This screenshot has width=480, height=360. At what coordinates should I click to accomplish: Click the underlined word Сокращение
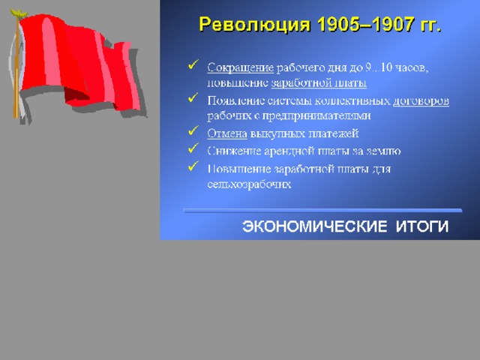click(x=240, y=67)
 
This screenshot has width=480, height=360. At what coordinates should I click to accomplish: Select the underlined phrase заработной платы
click(x=319, y=83)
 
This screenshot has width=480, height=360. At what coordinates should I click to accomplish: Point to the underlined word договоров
click(x=421, y=100)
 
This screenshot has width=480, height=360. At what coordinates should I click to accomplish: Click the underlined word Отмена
click(x=227, y=133)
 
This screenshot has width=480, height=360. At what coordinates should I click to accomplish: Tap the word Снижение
click(x=234, y=151)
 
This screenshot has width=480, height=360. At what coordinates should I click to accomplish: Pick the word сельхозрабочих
click(x=249, y=184)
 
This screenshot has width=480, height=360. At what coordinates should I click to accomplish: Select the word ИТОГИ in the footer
click(x=422, y=226)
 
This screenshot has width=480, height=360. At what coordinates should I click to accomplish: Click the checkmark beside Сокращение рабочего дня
click(x=193, y=64)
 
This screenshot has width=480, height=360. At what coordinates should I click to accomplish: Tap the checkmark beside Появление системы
click(x=193, y=97)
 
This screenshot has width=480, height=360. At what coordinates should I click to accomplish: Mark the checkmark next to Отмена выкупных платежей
click(x=193, y=130)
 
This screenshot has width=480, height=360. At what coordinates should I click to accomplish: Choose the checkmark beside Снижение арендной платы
click(x=193, y=148)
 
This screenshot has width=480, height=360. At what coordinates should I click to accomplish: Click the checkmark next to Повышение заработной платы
click(x=193, y=166)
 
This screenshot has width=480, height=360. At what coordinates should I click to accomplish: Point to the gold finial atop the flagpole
click(x=18, y=13)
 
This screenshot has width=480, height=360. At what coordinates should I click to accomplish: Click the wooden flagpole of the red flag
click(x=16, y=67)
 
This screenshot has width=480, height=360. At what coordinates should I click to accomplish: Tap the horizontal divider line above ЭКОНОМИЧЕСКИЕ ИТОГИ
click(x=322, y=211)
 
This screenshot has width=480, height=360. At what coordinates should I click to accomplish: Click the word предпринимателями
click(x=316, y=115)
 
